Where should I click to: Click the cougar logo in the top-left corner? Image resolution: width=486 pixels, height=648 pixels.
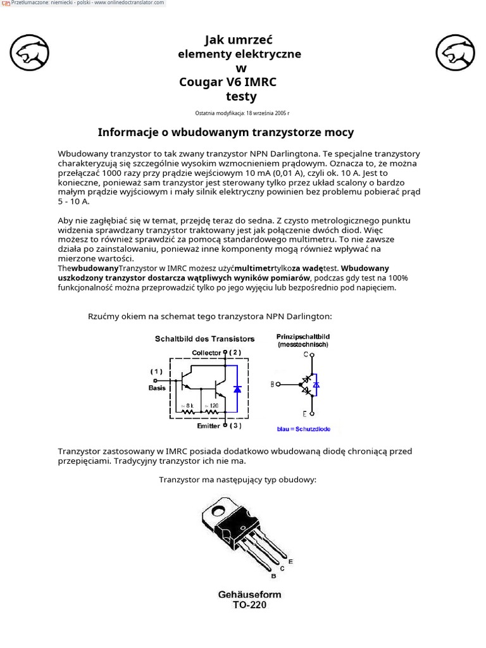click(30, 53)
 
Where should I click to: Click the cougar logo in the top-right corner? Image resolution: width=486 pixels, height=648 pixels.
click(456, 53)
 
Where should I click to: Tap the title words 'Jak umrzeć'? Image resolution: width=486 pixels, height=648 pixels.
click(239, 40)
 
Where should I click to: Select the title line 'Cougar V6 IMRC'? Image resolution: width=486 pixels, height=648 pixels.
click(228, 82)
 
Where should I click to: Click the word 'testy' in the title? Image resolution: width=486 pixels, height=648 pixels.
click(241, 97)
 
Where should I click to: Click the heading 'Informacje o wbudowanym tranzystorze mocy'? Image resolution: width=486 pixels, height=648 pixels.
click(226, 132)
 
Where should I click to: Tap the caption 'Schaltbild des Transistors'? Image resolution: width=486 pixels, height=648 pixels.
click(205, 339)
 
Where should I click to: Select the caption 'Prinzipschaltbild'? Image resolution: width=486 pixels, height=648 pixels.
click(303, 337)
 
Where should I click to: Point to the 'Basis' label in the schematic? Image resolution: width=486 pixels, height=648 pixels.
click(157, 388)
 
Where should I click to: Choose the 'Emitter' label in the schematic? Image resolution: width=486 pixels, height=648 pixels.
click(208, 426)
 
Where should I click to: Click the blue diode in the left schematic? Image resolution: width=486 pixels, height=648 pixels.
click(237, 389)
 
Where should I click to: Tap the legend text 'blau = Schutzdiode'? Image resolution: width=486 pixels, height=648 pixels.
click(304, 429)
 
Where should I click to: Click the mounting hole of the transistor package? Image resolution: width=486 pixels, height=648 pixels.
click(221, 507)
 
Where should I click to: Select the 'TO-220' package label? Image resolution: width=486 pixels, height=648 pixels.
click(249, 605)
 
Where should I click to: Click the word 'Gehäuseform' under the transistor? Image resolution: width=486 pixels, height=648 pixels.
click(249, 594)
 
